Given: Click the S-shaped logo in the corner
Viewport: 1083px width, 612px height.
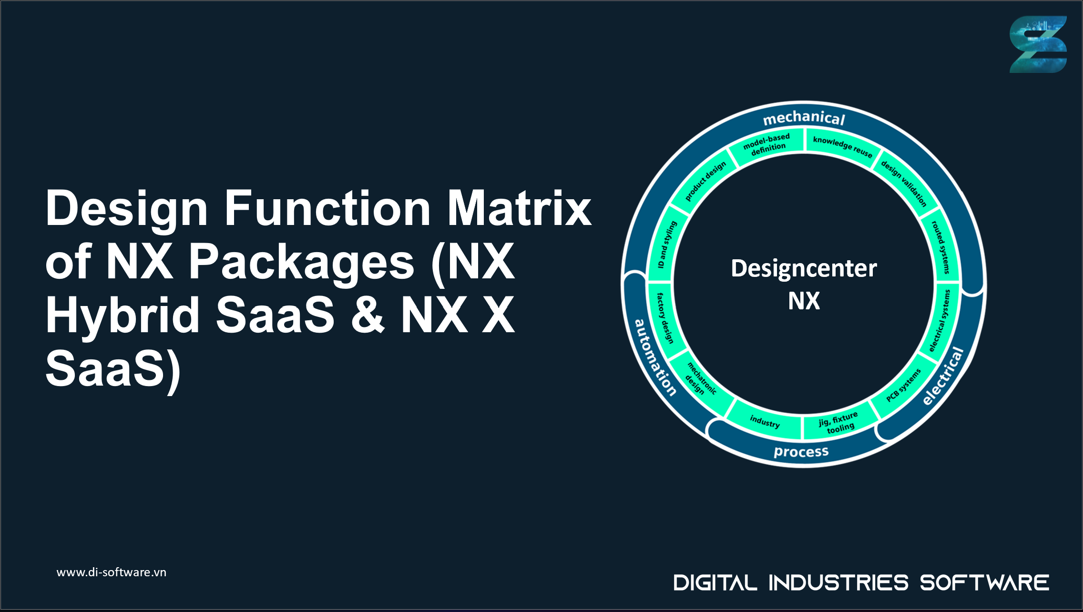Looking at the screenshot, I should (x=1038, y=44).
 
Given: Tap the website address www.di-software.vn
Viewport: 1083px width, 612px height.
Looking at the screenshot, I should (x=111, y=572).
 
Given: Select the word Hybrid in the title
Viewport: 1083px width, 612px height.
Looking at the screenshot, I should (x=122, y=316).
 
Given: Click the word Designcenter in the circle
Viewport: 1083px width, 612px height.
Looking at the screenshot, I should (x=804, y=268).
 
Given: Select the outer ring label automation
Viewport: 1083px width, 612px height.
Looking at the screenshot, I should (x=655, y=357).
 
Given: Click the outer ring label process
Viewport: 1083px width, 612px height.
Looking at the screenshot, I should (x=801, y=451).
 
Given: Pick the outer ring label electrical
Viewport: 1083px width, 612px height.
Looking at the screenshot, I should (x=943, y=377).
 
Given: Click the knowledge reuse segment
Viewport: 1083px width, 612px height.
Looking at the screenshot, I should (x=842, y=146).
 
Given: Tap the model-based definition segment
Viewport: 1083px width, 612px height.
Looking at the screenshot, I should (x=767, y=144).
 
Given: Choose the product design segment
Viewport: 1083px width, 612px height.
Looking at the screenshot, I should (x=705, y=181).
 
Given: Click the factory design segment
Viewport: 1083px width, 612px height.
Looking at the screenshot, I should (x=665, y=318).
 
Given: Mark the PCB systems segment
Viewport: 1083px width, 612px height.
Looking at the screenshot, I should (x=903, y=385).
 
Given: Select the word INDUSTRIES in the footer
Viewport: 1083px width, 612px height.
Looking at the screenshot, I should (x=838, y=583).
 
